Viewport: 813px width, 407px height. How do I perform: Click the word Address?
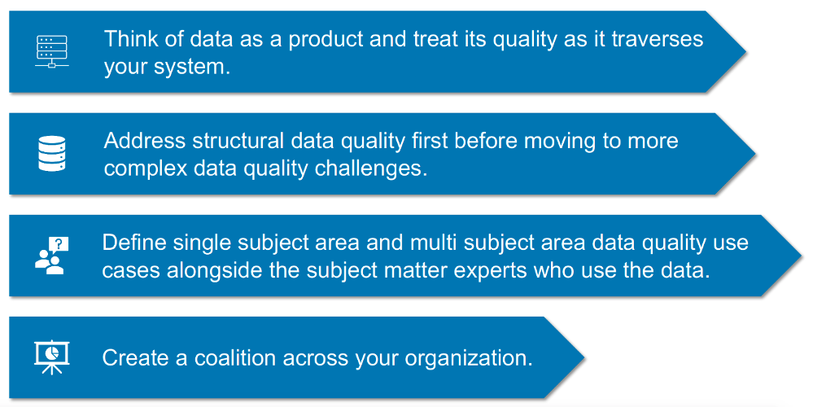(144, 141)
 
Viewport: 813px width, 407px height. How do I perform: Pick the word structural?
(243, 141)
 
